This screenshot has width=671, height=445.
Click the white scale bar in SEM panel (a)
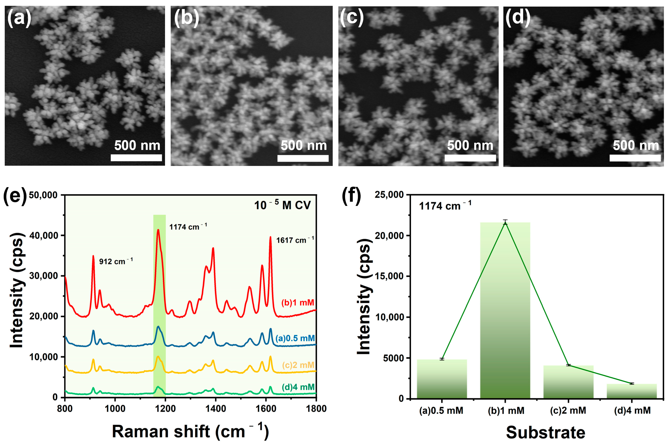(136, 158)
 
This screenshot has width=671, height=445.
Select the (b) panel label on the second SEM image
(186, 18)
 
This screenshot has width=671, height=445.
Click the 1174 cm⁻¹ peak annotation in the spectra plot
(188, 227)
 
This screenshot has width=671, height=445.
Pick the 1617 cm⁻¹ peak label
(295, 240)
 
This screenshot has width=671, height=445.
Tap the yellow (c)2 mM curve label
(298, 365)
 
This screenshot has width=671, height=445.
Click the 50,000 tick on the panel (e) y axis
(43, 195)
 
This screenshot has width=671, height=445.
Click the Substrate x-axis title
(545, 432)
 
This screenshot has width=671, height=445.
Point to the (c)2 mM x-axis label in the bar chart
(568, 410)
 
